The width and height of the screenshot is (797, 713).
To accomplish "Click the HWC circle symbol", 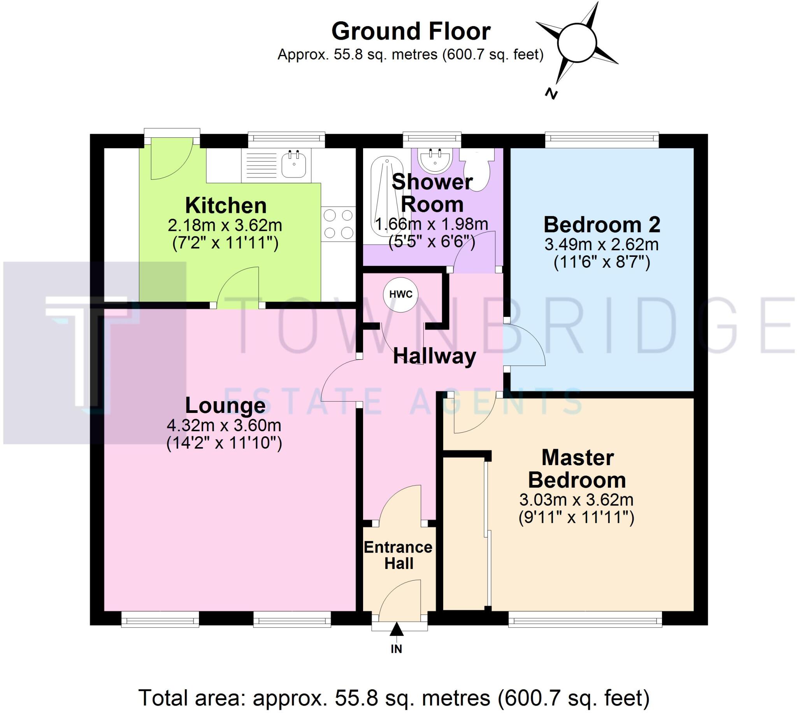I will (400, 294).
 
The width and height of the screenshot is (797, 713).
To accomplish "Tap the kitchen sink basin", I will (294, 164).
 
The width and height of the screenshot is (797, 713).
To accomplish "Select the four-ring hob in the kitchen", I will (339, 224).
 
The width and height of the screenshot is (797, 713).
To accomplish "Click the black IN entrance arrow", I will (396, 630).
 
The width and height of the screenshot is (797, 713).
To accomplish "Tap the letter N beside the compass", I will (551, 94).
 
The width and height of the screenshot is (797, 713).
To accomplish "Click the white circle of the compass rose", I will (576, 43).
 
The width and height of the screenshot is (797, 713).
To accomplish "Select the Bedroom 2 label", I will (602, 225).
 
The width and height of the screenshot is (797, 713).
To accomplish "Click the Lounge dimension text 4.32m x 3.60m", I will (224, 425).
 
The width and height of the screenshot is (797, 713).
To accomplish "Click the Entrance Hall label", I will (398, 555).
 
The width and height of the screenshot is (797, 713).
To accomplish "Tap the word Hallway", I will (434, 356).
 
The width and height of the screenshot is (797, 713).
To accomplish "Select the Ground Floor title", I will (411, 32).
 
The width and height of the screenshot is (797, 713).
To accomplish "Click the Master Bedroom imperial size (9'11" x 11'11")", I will (576, 518).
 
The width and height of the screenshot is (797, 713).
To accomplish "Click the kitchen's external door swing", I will (170, 161).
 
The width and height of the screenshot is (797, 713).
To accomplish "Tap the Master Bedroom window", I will (585, 620).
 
